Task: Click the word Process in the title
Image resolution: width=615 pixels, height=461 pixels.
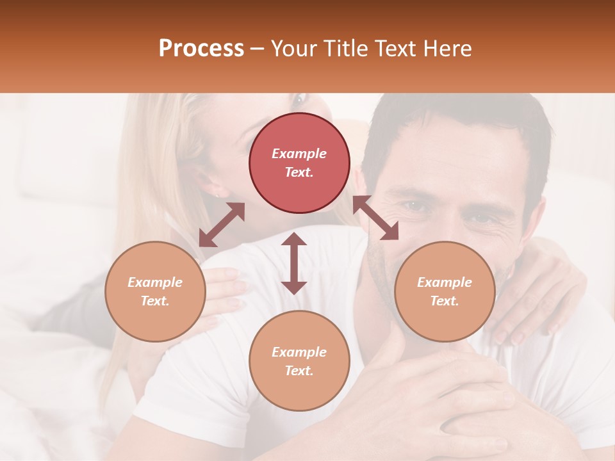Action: pyautogui.click(x=201, y=49)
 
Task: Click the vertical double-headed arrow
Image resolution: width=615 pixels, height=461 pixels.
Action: pyautogui.click(x=294, y=263)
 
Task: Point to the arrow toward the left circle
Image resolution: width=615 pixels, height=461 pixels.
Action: pyautogui.click(x=222, y=225)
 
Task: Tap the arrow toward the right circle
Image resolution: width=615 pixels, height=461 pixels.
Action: pyautogui.click(x=376, y=218)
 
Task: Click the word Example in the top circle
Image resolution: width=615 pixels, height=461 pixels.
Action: pyautogui.click(x=299, y=154)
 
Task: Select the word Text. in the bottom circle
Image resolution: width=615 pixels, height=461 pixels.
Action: pyautogui.click(x=299, y=371)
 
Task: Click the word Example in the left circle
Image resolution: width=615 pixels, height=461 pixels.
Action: pyautogui.click(x=155, y=282)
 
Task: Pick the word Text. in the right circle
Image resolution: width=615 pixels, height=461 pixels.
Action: pyautogui.click(x=445, y=301)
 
